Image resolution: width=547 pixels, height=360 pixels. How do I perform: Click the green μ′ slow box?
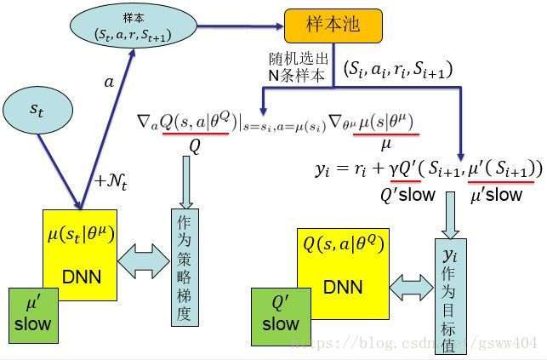click(33, 313)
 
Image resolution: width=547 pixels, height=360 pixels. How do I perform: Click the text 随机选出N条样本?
click(296, 68)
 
